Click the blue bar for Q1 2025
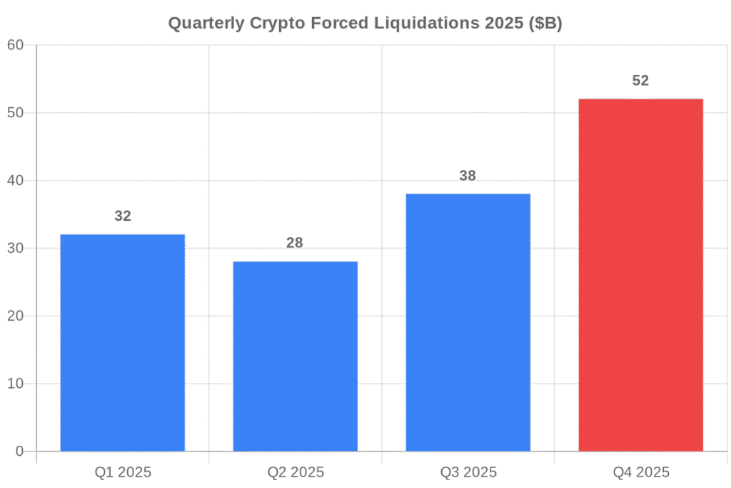point(123,343)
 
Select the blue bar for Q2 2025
point(295,357)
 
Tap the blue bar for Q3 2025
point(468,322)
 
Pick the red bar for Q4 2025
point(640,275)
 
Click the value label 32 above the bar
point(123,216)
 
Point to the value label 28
point(295,243)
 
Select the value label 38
point(468,176)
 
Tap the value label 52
point(640,81)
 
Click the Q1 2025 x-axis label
point(123,472)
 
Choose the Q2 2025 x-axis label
point(295,472)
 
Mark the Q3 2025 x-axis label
point(468,472)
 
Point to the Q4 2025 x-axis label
point(640,472)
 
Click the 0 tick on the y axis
point(20,452)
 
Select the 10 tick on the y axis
point(16,384)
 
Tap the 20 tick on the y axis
point(16,316)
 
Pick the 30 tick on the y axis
point(16,248)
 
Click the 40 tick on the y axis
point(16,181)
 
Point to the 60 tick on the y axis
point(16,45)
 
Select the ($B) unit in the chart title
point(546,24)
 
